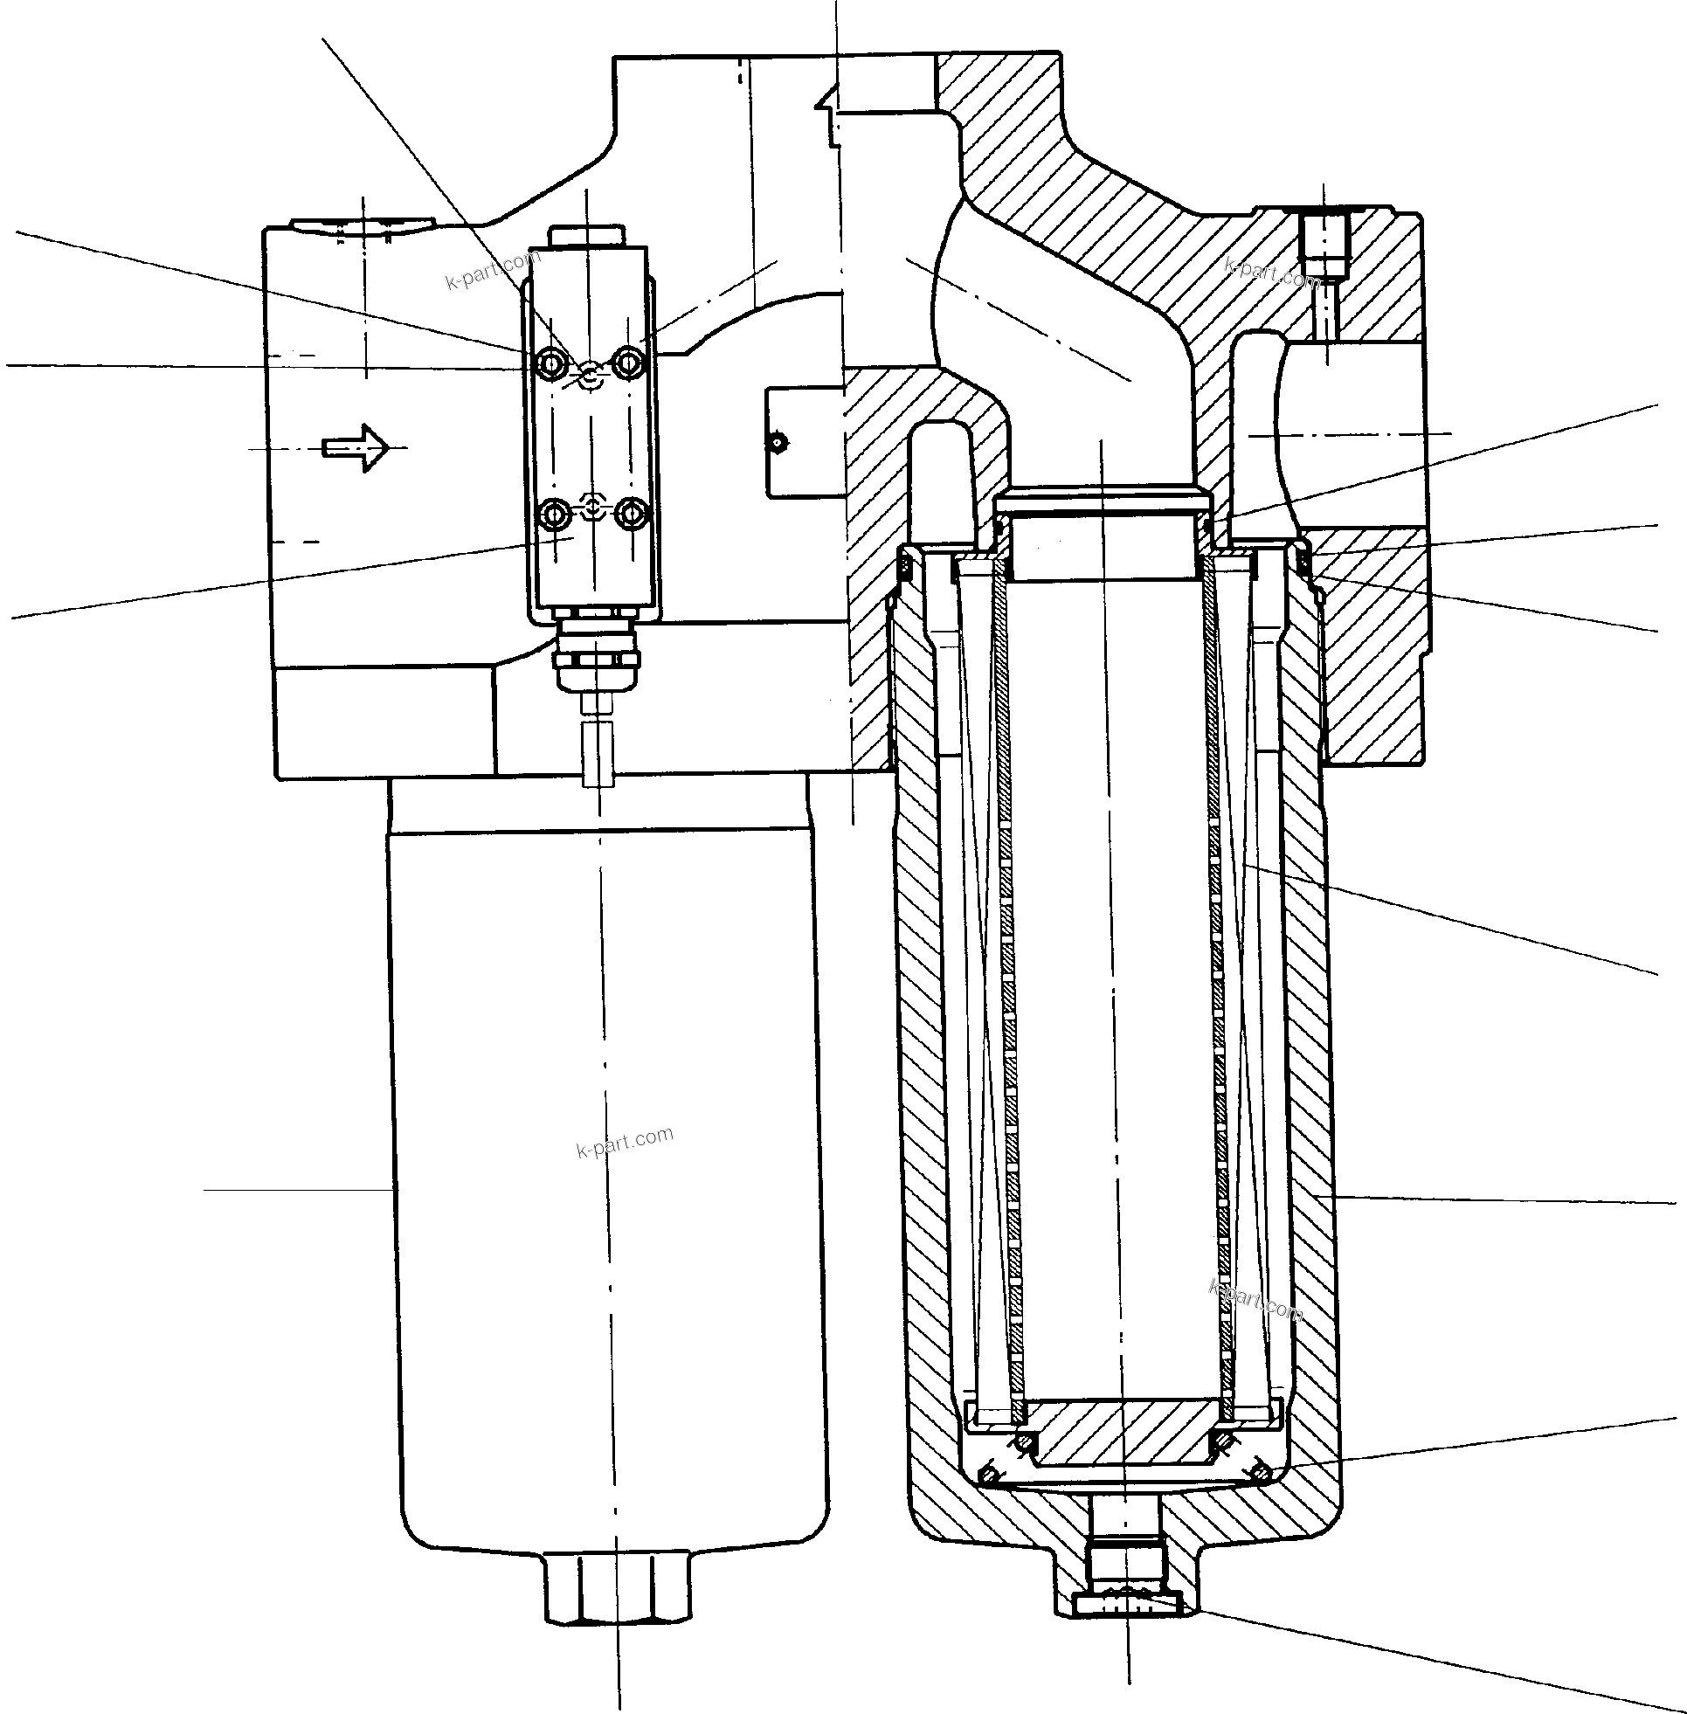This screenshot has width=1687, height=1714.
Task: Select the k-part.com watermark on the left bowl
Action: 625,1142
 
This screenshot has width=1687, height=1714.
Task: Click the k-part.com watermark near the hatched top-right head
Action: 1272,272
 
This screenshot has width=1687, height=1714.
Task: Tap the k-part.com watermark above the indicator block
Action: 493,270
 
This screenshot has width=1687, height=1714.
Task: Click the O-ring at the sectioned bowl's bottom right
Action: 1261,1473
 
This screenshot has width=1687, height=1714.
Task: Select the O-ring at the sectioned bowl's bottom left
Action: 988,1474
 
